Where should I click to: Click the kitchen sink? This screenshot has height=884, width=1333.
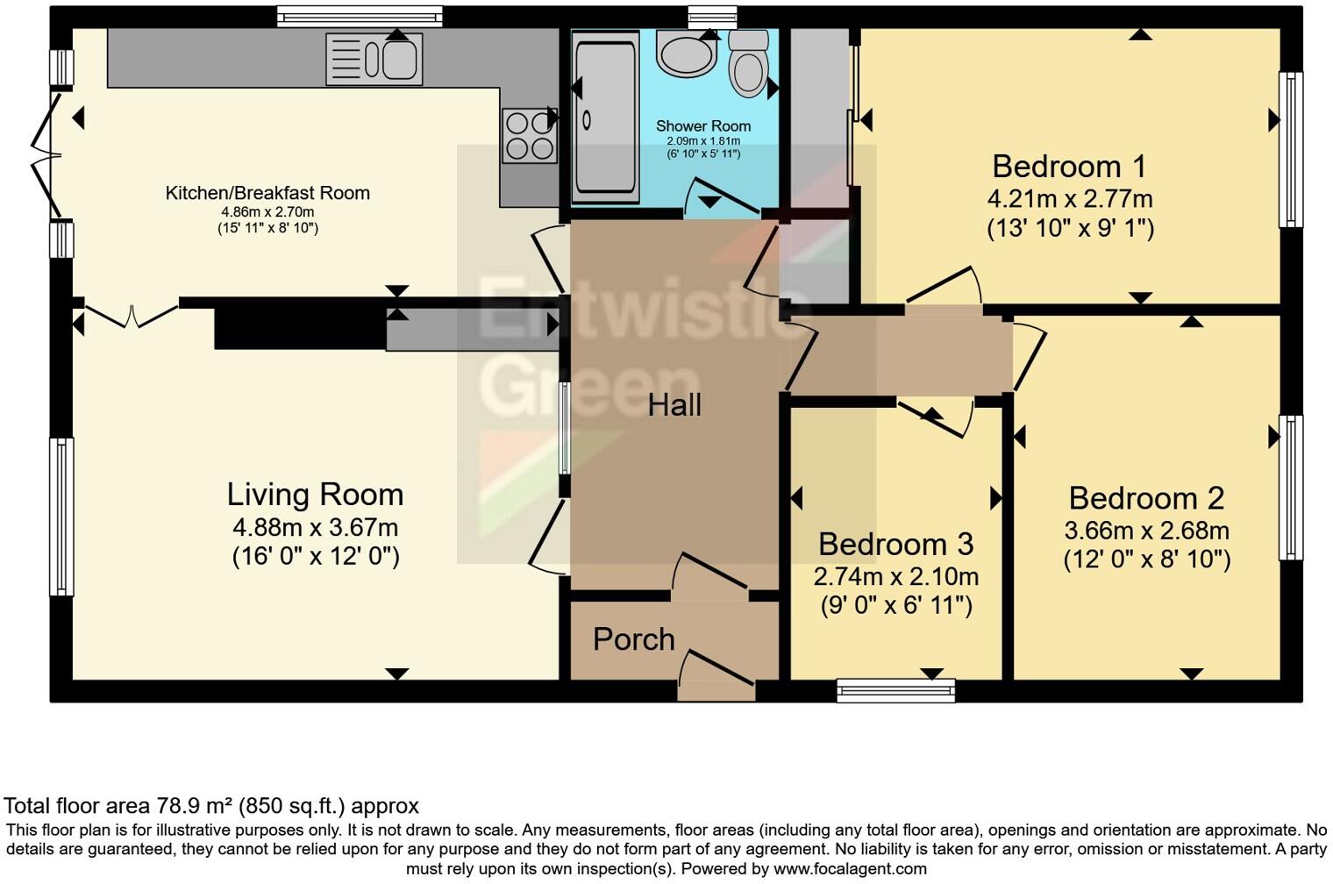point(374,60)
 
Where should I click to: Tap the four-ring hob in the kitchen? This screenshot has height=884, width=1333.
point(529,136)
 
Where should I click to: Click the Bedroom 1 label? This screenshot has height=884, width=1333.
point(1069,166)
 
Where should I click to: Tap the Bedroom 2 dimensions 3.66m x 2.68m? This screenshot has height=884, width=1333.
point(1146,531)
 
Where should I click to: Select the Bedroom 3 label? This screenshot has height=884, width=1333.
point(895,544)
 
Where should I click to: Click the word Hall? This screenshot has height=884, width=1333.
point(674,405)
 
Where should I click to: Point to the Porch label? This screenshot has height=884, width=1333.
point(633,639)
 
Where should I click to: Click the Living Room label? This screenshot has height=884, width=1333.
point(315,495)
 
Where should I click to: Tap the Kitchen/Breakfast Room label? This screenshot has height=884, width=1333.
point(267,193)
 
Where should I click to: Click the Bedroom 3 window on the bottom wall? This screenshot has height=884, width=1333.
point(895,691)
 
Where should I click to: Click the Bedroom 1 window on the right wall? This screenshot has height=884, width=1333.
point(1290,149)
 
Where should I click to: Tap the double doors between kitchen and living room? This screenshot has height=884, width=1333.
point(132,314)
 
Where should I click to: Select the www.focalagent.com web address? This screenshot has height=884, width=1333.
point(849,869)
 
